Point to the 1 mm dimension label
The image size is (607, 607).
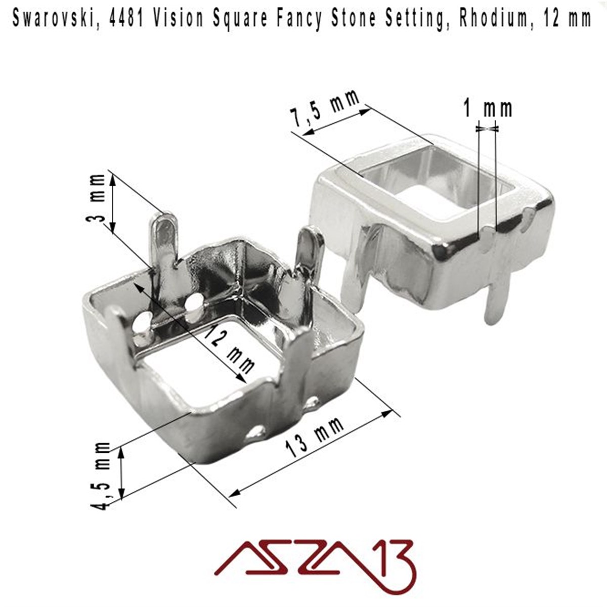[487, 108]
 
